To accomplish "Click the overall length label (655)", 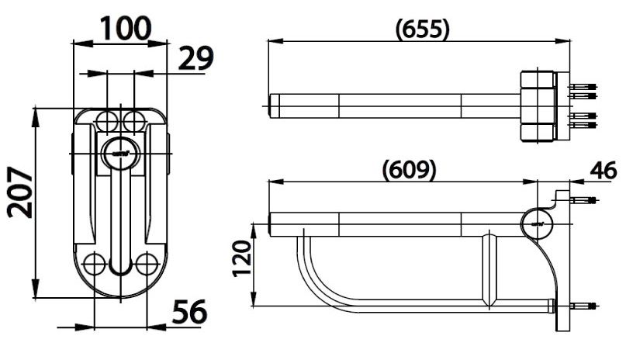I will tap(422, 29).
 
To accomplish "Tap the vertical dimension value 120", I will tap(242, 258).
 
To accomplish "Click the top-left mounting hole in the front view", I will tap(107, 120).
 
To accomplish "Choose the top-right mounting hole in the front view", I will tap(133, 120).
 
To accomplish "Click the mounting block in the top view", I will tap(538, 106).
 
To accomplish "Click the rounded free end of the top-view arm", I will tap(272, 106).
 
